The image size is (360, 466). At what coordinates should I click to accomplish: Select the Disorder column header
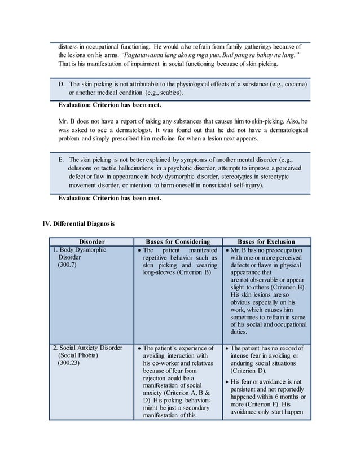pos(91,241)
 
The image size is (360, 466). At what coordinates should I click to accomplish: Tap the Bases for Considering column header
pos(178,241)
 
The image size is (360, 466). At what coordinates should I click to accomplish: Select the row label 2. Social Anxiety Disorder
pos(87,348)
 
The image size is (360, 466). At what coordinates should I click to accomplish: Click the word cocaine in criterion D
pos(294,84)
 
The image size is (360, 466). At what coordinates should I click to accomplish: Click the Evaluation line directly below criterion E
pos(109,198)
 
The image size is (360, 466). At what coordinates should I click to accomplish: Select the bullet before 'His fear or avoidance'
pos(227,381)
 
